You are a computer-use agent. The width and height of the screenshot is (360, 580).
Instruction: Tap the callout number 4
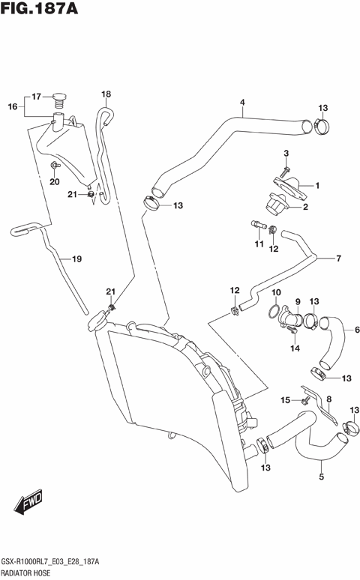pos(242,102)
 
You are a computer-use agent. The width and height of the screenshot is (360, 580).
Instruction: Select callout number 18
pos(106,94)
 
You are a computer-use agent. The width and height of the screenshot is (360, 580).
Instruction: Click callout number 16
pos(12,107)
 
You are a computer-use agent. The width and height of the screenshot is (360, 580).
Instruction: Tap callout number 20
pos(54,181)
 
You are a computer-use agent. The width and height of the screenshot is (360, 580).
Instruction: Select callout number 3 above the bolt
pos(286,153)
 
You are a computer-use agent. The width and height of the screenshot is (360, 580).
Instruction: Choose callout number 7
pos(338,259)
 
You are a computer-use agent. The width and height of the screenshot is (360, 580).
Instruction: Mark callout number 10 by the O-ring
pos(275,292)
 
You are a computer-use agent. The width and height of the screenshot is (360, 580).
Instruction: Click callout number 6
pos(357,329)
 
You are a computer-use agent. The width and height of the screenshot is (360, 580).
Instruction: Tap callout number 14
pos(295,348)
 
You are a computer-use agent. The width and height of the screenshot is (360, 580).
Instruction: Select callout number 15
pos(285,400)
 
